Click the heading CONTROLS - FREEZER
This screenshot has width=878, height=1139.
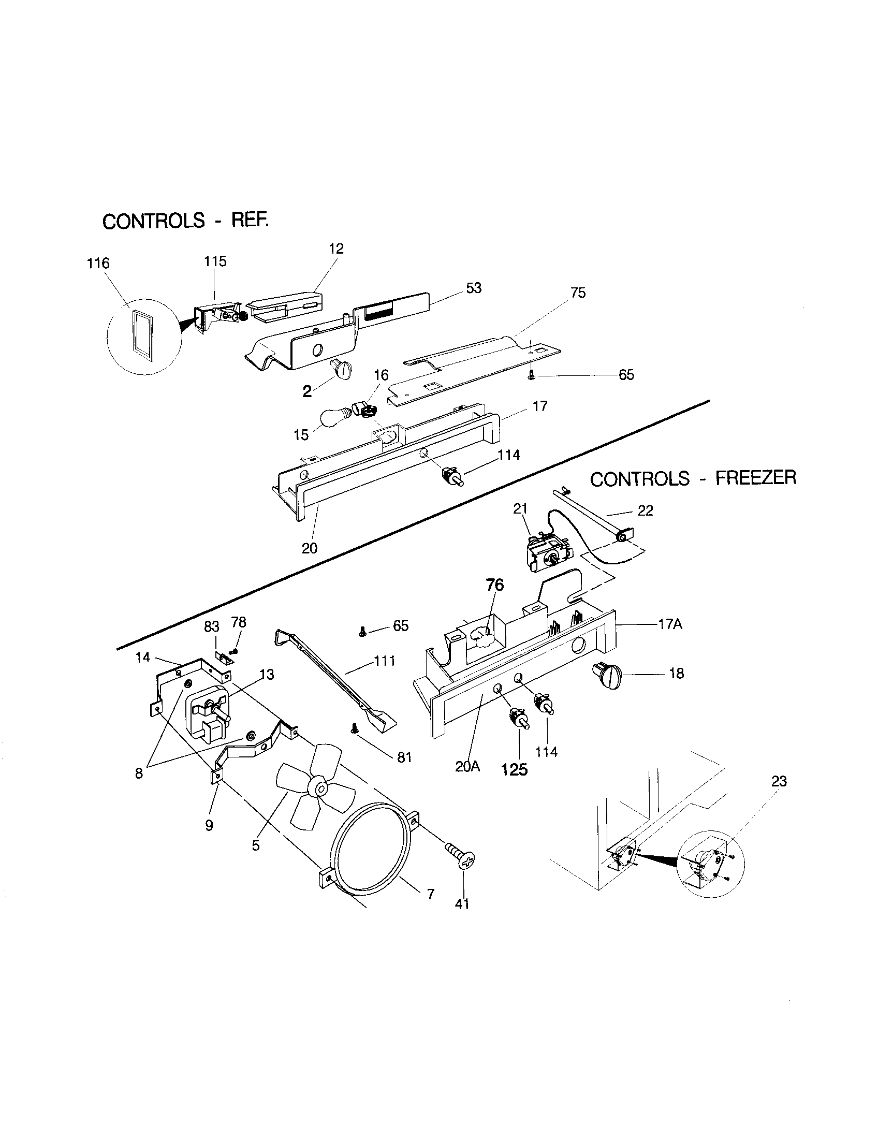[x=693, y=478]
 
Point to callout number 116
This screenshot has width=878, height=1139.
[x=98, y=264]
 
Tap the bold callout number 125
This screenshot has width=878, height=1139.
[x=514, y=770]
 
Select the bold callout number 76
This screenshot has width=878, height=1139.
[x=495, y=585]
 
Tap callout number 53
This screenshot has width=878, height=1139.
[x=473, y=288]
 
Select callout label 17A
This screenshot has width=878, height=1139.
[x=670, y=624]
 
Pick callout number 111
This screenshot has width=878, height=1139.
[x=384, y=661]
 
